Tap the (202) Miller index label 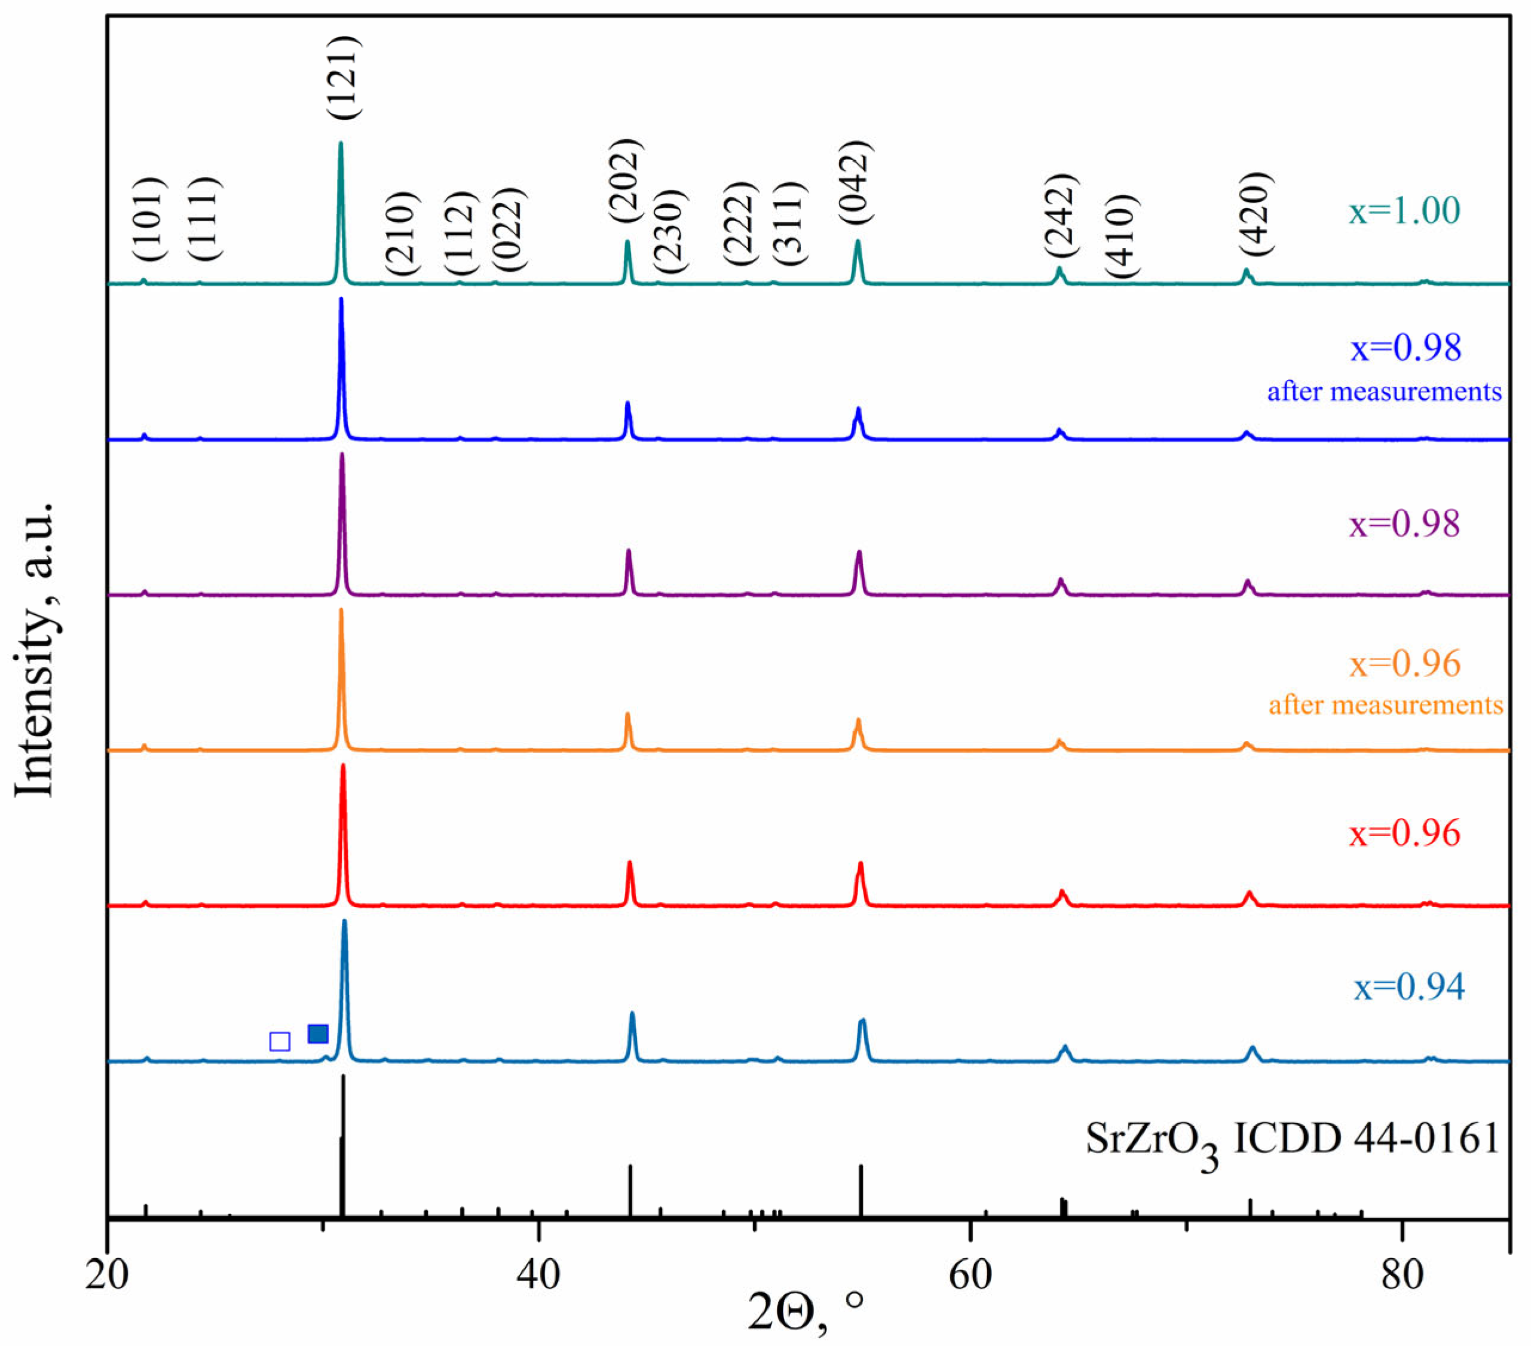[x=626, y=180]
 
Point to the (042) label [x=855, y=182]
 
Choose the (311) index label [x=789, y=223]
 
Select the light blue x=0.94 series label [x=1408, y=987]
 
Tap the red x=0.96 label [x=1404, y=833]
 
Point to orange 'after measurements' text [x=1386, y=705]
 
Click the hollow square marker [x=280, y=1041]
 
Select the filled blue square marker [x=319, y=1034]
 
